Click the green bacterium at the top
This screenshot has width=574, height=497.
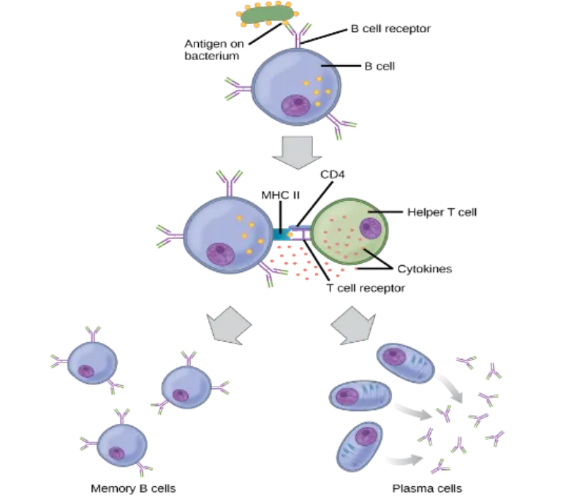(267, 15)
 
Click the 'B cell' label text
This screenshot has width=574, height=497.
(379, 66)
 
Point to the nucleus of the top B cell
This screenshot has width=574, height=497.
(297, 105)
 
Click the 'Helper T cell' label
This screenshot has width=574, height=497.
(442, 213)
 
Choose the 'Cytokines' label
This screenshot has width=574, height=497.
(425, 269)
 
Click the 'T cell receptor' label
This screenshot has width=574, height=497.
(365, 288)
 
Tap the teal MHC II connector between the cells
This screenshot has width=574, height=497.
(279, 235)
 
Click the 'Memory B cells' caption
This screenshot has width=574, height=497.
(133, 487)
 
